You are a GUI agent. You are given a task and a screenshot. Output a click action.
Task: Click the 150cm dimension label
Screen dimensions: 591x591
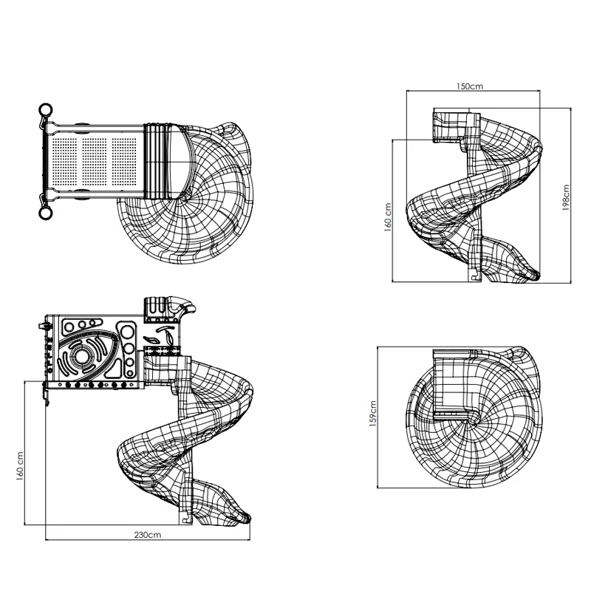[x=469, y=86]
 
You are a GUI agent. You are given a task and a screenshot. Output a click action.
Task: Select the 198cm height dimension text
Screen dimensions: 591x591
[x=566, y=197]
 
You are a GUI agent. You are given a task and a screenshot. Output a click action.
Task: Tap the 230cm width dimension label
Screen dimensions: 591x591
[x=148, y=534]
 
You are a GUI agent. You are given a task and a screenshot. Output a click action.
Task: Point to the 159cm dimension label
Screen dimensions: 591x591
[x=373, y=414]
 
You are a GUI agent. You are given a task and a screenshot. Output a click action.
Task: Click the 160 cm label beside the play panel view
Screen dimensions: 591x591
[x=20, y=466]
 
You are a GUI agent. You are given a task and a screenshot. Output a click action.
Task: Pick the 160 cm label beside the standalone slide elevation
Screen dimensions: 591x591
[x=388, y=217]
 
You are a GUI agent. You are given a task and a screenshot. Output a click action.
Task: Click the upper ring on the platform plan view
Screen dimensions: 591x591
[x=46, y=110]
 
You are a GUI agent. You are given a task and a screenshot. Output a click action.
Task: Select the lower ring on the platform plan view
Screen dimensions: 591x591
[x=46, y=213]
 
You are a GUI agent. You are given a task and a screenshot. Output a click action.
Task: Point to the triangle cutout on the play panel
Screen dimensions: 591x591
[x=115, y=369]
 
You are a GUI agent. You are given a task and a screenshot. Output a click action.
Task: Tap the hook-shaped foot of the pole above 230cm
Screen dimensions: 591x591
[x=185, y=519]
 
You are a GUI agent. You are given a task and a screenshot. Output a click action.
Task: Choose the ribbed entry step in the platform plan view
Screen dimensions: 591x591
[x=156, y=161]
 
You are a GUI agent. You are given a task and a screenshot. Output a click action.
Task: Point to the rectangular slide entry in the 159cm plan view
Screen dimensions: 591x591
[x=452, y=384]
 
